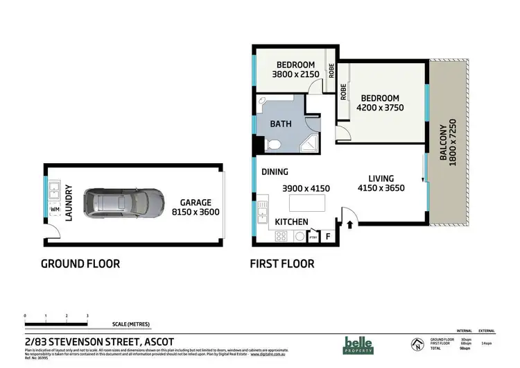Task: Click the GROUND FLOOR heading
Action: click(x=80, y=264)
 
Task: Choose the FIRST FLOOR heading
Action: click(x=281, y=264)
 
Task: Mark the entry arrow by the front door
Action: click(x=349, y=224)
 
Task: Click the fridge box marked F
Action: click(x=328, y=237)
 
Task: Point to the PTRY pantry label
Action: click(x=313, y=237)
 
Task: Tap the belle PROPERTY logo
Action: click(x=359, y=344)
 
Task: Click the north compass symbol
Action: click(x=416, y=344)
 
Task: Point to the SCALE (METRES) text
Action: click(x=132, y=324)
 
